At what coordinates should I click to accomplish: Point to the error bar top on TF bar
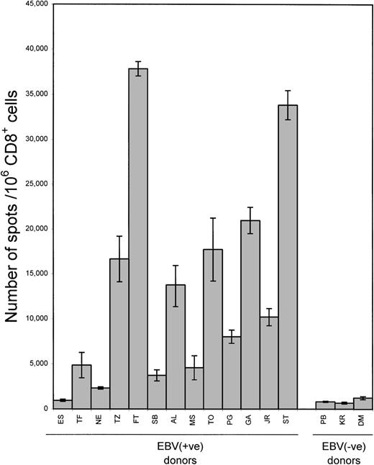click(x=82, y=353)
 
